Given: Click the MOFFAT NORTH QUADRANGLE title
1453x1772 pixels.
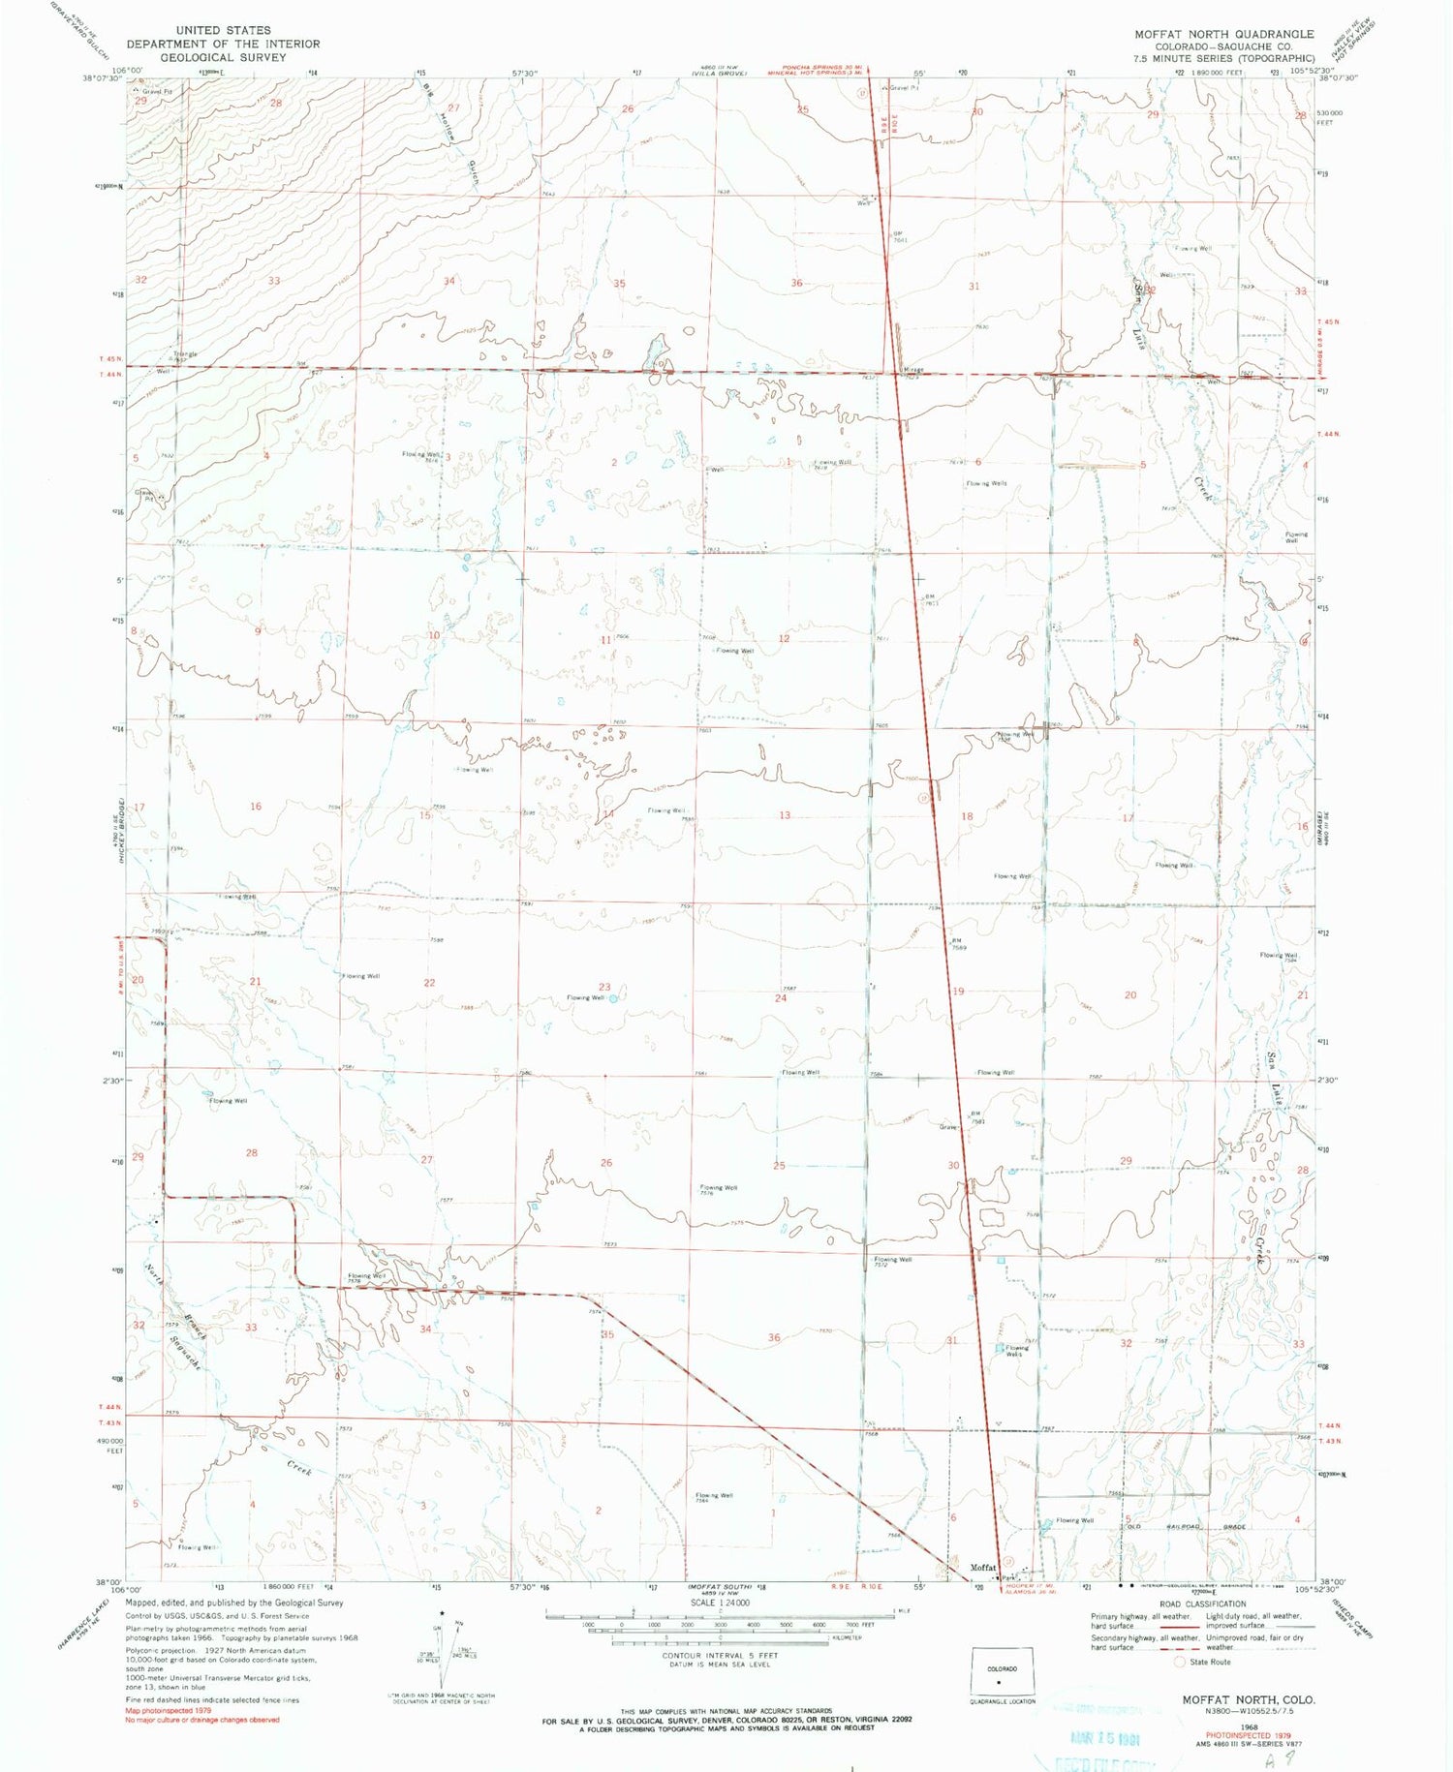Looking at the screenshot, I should (x=1223, y=34).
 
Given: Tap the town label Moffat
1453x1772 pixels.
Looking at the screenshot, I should (x=982, y=1568).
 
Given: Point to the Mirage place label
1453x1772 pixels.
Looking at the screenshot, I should (x=913, y=370).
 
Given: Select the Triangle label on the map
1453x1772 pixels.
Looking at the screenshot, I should (x=184, y=354).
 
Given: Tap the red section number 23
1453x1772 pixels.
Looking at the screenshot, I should (x=604, y=988).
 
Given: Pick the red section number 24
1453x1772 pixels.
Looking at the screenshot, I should (x=781, y=998).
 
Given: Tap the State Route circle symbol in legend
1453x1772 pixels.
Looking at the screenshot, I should (x=1179, y=1662).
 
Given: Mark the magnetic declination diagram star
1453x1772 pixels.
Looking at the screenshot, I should (x=443, y=1614).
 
